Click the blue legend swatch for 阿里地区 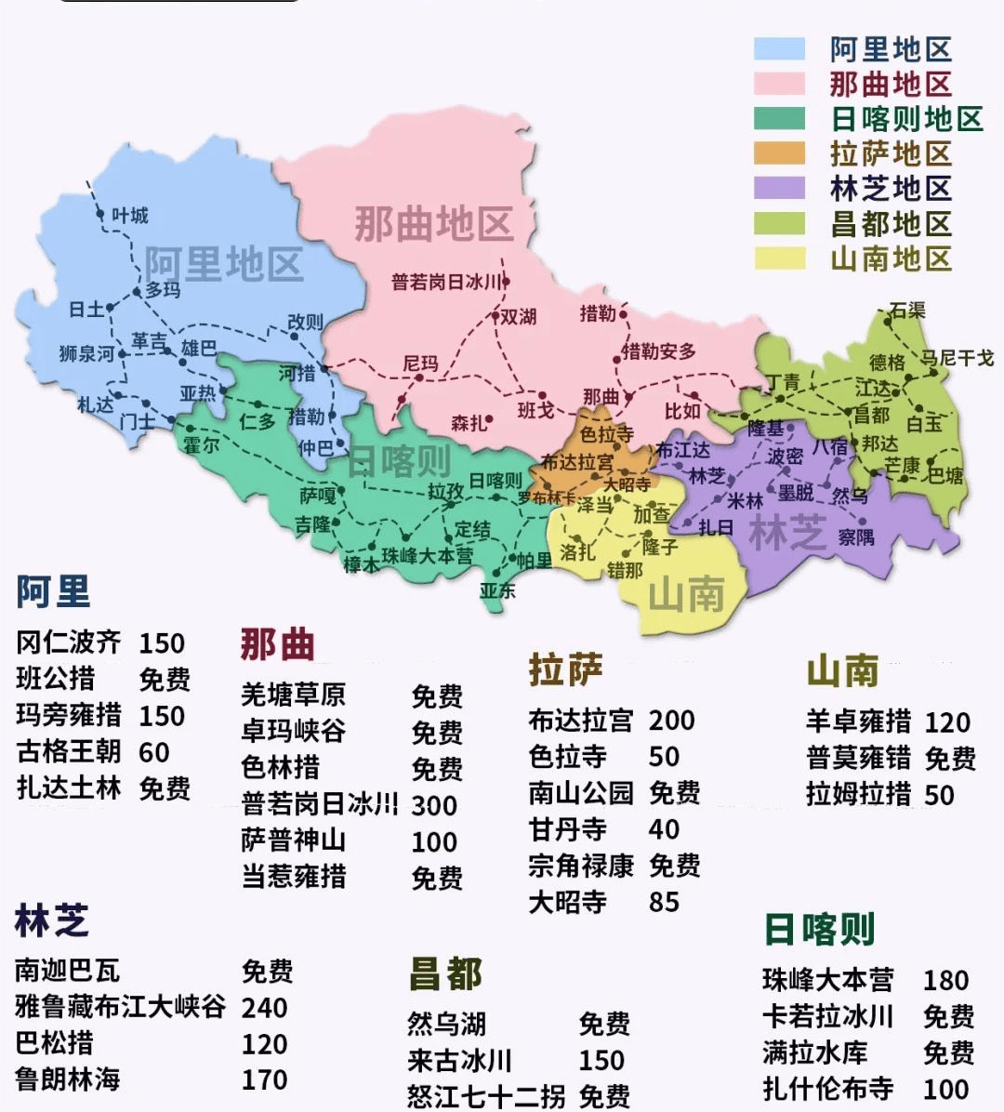[779, 49]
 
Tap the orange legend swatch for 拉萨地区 [779, 153]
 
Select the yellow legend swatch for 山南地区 [779, 258]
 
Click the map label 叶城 [130, 216]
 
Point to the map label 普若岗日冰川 [446, 282]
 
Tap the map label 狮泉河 [86, 353]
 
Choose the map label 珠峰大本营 [427, 555]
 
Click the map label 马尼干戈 [957, 358]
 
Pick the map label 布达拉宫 [576, 462]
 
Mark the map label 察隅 [855, 536]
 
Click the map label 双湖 [519, 316]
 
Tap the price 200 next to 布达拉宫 [671, 720]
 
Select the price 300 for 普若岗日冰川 [434, 805]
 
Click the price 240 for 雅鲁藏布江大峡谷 [264, 1007]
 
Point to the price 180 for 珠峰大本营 [945, 980]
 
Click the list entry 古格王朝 [69, 751]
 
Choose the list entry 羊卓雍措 [858, 721]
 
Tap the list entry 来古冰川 [459, 1061]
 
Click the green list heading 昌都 [445, 974]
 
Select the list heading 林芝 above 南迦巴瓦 [52, 920]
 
